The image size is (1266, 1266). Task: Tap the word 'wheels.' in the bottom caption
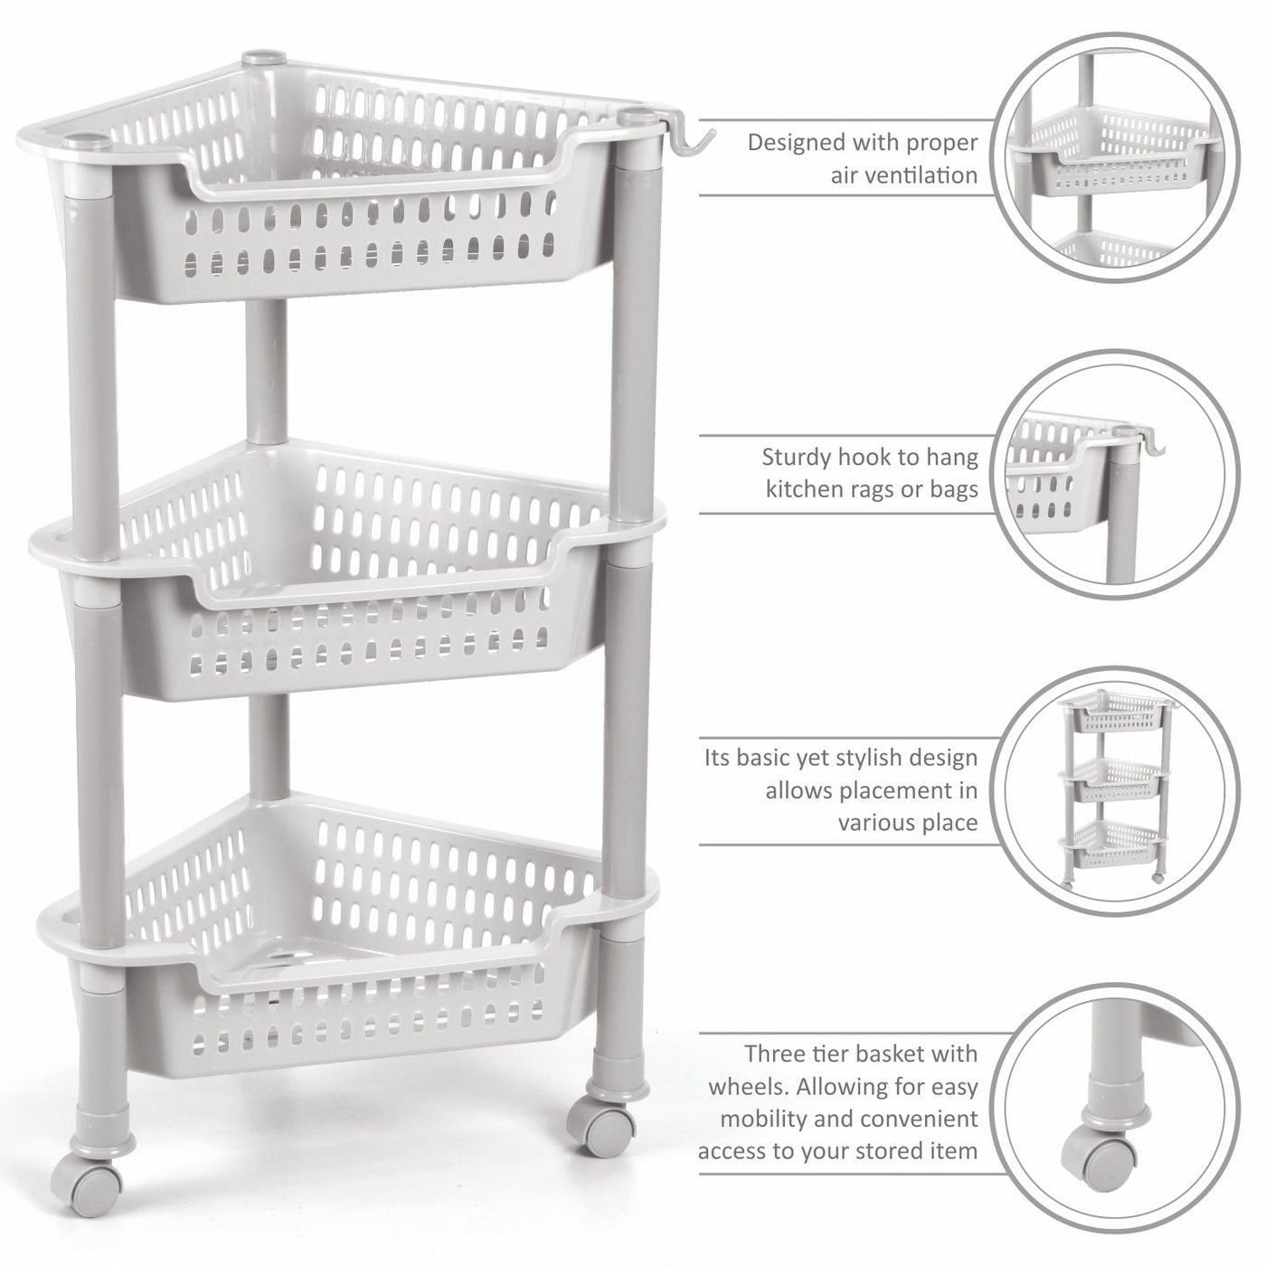[x=748, y=1086]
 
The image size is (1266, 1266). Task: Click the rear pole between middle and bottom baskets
[x=269, y=747]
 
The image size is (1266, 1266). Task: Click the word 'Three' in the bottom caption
[x=776, y=1053]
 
